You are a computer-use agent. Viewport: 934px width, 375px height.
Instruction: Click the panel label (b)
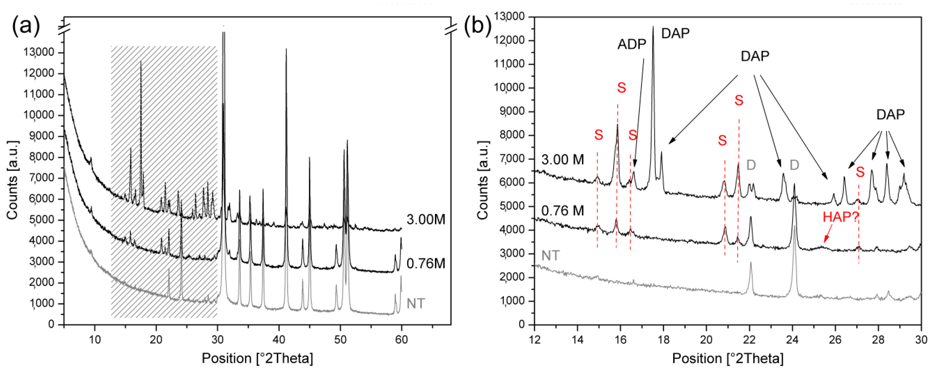[x=478, y=26]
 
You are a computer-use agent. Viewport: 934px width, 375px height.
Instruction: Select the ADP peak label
[x=632, y=44]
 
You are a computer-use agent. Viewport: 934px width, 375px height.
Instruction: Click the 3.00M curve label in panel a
[x=426, y=219]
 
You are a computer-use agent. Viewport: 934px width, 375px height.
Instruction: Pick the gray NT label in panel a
[x=416, y=303]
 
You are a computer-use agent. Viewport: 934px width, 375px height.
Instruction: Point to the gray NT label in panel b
[x=550, y=256]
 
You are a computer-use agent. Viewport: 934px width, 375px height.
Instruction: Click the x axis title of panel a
[x=257, y=358]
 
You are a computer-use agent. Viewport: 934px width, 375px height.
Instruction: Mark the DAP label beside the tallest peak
[x=675, y=33]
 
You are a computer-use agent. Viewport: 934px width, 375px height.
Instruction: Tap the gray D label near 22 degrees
[x=751, y=165]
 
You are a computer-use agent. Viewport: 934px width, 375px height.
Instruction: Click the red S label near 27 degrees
[x=860, y=172]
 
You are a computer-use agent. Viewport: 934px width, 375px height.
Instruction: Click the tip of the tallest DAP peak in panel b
[x=653, y=27]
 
